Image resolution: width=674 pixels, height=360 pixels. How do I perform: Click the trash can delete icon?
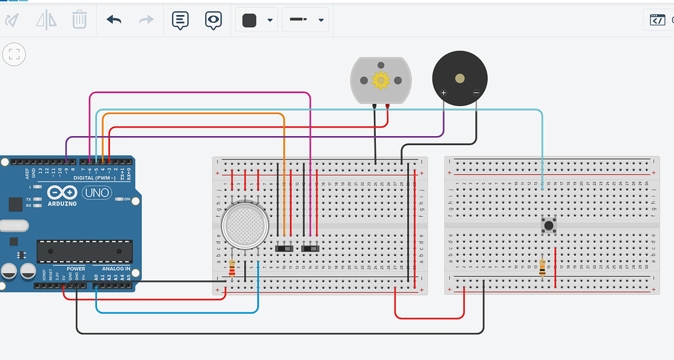point(79,20)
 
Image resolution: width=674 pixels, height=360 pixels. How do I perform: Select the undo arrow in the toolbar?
point(114,20)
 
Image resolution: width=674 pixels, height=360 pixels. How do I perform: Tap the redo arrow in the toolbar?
point(146,20)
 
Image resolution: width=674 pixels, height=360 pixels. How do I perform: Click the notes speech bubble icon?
point(180,20)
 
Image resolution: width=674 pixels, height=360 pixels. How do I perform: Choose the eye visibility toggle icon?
point(213,20)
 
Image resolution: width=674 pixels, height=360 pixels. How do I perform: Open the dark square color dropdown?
point(257,20)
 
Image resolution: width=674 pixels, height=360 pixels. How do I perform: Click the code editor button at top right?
point(658,20)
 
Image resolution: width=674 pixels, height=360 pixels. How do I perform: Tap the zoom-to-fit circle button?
point(14,54)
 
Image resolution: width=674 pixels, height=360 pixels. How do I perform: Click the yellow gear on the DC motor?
point(380,81)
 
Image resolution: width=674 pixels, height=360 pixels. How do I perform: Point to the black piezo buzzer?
point(460,78)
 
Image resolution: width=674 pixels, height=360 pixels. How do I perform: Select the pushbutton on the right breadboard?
point(549,226)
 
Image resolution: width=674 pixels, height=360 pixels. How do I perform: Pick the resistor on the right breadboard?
point(542,267)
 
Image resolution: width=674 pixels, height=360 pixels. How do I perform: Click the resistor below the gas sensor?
point(232,267)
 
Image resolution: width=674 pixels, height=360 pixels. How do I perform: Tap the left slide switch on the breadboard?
point(285,248)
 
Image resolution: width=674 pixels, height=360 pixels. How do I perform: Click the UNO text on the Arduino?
point(96,193)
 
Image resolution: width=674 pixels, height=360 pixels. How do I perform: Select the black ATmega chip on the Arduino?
point(85,251)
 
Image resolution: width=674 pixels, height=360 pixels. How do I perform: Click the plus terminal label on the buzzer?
point(443,93)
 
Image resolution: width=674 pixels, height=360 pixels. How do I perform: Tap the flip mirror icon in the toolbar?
point(46,20)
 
